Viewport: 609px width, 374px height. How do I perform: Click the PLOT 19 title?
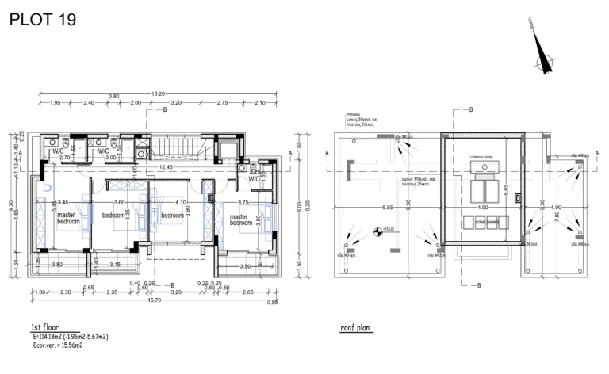tap(43, 20)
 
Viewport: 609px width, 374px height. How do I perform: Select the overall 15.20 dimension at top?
tap(158, 93)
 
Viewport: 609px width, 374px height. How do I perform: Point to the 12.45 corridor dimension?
tap(166, 167)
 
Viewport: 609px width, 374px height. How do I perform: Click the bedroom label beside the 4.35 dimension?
tap(118, 216)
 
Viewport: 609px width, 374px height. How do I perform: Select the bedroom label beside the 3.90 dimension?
tap(173, 216)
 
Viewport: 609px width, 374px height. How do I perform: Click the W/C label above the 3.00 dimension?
tap(104, 151)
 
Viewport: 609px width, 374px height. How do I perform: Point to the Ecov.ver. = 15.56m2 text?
tap(56, 345)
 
